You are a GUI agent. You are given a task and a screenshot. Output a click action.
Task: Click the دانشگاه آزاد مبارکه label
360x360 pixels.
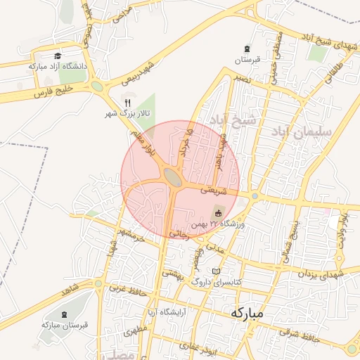(57, 65)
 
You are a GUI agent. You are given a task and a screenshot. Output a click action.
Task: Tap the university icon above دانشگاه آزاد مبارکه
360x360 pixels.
(57, 56)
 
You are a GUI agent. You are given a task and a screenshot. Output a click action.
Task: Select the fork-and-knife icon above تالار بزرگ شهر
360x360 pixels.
(127, 103)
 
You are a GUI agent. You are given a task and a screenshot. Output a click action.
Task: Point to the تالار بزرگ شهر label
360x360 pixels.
(120, 112)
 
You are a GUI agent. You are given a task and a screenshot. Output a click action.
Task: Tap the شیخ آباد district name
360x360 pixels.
(235, 121)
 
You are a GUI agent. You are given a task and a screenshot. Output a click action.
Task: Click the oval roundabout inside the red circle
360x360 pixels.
(172, 176)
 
